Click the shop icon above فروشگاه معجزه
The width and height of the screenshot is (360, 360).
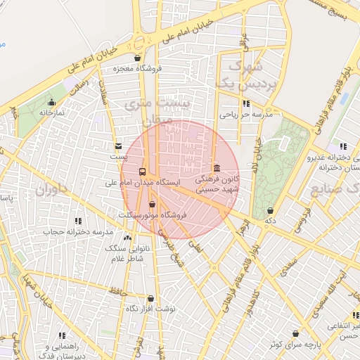click(137, 58)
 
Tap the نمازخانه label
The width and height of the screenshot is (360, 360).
click(51, 112)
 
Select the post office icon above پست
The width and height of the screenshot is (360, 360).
click(117, 146)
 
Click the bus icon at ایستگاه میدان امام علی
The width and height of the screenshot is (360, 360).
click(143, 172)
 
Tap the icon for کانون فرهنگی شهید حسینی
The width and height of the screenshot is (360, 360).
click(216, 168)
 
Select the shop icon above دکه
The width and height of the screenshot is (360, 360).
click(270, 210)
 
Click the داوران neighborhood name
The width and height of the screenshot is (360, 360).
click(50, 188)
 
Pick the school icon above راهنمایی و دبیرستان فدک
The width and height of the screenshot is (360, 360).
click(62, 336)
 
